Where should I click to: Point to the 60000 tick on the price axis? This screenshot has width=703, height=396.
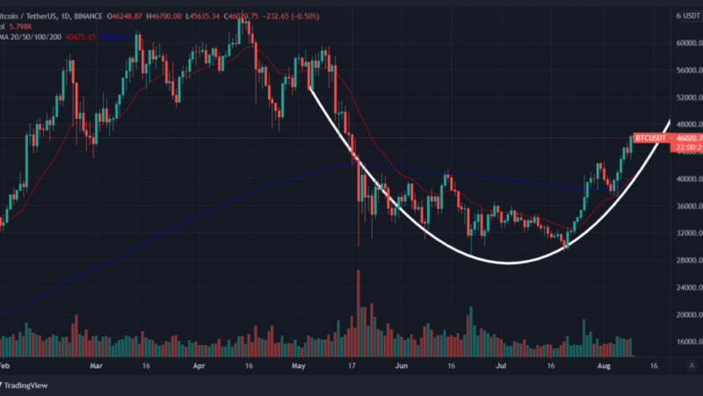pos(685,43)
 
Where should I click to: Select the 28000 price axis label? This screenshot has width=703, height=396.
pos(685,260)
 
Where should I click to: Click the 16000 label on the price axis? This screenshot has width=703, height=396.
pos(685,342)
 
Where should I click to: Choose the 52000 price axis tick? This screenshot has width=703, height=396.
pos(685,97)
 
